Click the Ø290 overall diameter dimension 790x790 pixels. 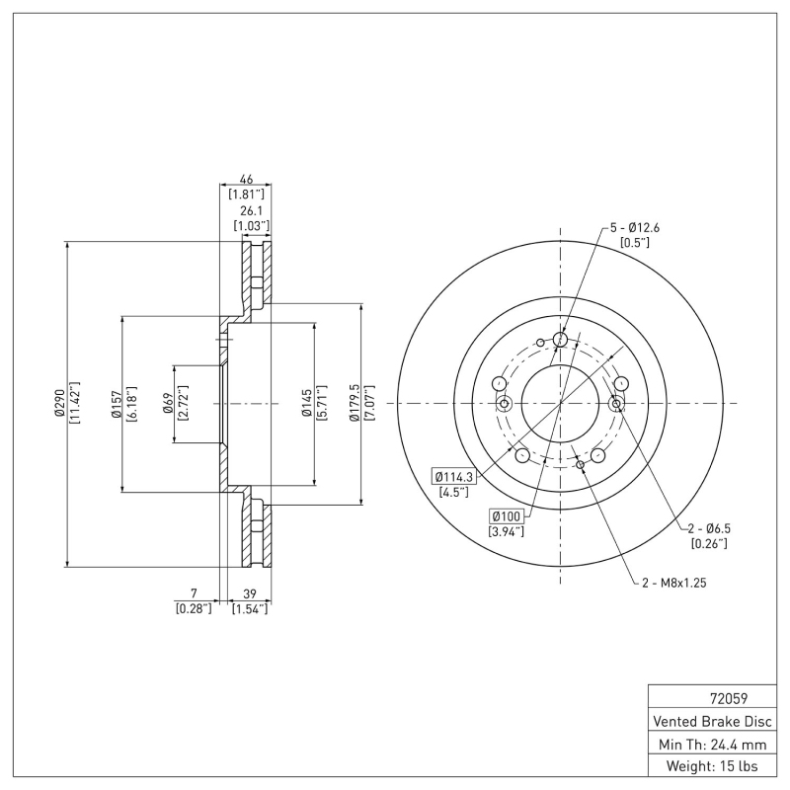pos(60,404)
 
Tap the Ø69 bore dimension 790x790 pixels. pos(168,404)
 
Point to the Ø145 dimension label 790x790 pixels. pos(307,404)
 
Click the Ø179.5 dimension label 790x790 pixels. pos(354,404)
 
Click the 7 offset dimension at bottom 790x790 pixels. pos(194,593)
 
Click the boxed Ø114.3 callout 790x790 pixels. pos(454,477)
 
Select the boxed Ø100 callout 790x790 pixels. pos(508,516)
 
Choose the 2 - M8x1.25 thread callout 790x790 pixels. pos(672,583)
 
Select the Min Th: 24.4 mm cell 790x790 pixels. pos(711,743)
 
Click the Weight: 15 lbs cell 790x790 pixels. pos(711,765)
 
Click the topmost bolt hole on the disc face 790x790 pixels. pos(561,341)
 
